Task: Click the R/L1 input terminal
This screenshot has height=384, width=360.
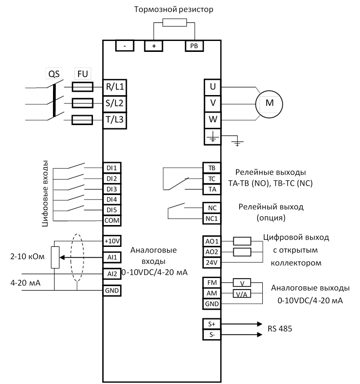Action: click(115, 86)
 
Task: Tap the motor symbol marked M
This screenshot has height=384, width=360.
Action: click(269, 103)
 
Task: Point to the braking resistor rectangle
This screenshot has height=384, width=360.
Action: click(176, 23)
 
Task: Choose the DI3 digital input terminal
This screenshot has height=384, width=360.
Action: click(112, 189)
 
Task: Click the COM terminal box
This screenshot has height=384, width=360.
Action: click(112, 220)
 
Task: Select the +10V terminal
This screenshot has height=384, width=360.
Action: click(112, 241)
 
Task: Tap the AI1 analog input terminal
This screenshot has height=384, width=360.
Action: click(112, 257)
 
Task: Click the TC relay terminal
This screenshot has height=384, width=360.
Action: click(211, 178)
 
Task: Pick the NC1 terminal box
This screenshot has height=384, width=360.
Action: click(211, 218)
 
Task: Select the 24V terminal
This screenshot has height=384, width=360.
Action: click(211, 262)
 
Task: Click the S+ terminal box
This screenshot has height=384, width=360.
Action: click(211, 323)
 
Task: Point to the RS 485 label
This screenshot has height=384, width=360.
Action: click(280, 329)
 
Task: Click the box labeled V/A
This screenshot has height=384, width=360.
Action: click(242, 293)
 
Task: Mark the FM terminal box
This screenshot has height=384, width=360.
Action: click(211, 282)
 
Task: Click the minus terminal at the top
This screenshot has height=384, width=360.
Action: click(125, 46)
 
